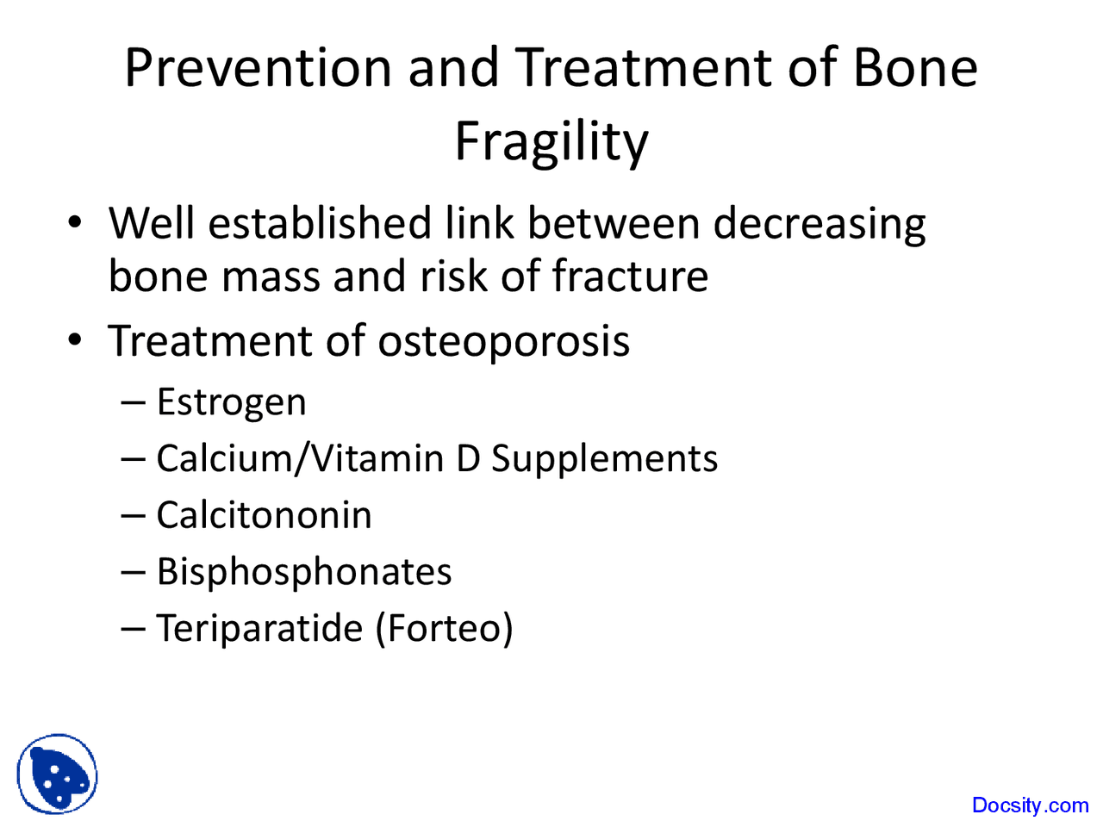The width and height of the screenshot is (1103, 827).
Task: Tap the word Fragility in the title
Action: point(551,141)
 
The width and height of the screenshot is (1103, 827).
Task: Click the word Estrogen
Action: point(231,402)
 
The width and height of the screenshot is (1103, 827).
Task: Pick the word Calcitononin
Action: point(264,515)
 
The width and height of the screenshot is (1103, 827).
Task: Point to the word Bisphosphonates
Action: point(303,572)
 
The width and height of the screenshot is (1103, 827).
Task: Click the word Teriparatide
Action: point(259,628)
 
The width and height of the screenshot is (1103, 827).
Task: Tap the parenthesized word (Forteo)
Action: point(444,628)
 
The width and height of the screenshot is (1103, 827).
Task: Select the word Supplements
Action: point(604,458)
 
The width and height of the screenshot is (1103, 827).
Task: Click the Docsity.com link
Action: point(1030,805)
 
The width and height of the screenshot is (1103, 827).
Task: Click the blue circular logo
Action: point(57,774)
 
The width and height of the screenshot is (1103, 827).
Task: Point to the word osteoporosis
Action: point(503,341)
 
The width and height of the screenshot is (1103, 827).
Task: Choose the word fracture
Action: point(630,277)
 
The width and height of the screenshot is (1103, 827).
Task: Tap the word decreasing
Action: point(819,224)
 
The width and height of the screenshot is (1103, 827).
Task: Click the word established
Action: point(320,223)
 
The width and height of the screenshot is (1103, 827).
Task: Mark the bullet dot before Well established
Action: point(76,222)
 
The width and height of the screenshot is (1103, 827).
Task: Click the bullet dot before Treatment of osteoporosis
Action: point(76,339)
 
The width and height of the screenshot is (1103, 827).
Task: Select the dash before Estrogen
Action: point(134,402)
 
